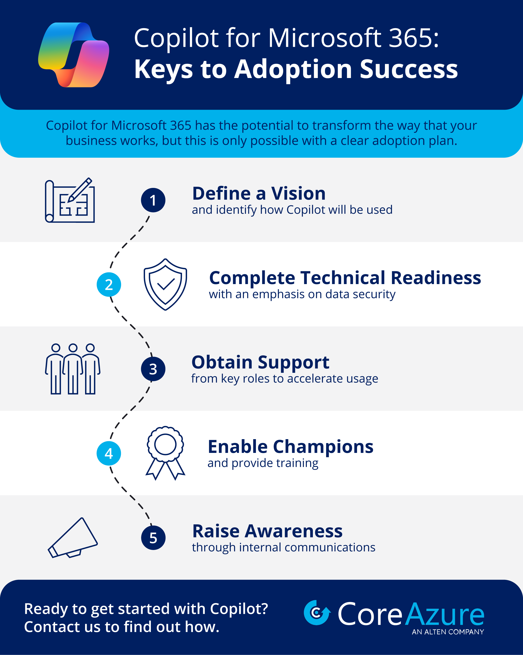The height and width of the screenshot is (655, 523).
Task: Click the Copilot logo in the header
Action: pyautogui.click(x=73, y=55)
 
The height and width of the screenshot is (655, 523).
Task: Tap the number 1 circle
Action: pyautogui.click(x=153, y=200)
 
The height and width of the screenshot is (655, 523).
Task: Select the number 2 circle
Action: pyautogui.click(x=109, y=285)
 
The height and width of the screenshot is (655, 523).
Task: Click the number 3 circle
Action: pyautogui.click(x=153, y=369)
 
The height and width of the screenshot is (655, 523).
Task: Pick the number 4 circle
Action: pyautogui.click(x=109, y=453)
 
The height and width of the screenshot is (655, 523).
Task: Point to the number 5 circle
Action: pyautogui.click(x=153, y=538)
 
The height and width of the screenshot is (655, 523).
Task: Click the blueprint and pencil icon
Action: pyautogui.click(x=70, y=200)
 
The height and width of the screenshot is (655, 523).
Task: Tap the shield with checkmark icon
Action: pyautogui.click(x=165, y=284)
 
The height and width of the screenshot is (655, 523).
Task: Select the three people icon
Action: pyautogui.click(x=73, y=369)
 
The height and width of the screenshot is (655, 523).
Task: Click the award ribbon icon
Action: pyautogui.click(x=165, y=453)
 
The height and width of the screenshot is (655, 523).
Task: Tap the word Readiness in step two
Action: pyautogui.click(x=436, y=278)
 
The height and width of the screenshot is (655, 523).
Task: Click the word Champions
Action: pyautogui.click(x=323, y=447)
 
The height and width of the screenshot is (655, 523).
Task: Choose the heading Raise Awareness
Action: pyautogui.click(x=268, y=531)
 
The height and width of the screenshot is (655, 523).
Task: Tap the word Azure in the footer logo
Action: pyautogui.click(x=445, y=614)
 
